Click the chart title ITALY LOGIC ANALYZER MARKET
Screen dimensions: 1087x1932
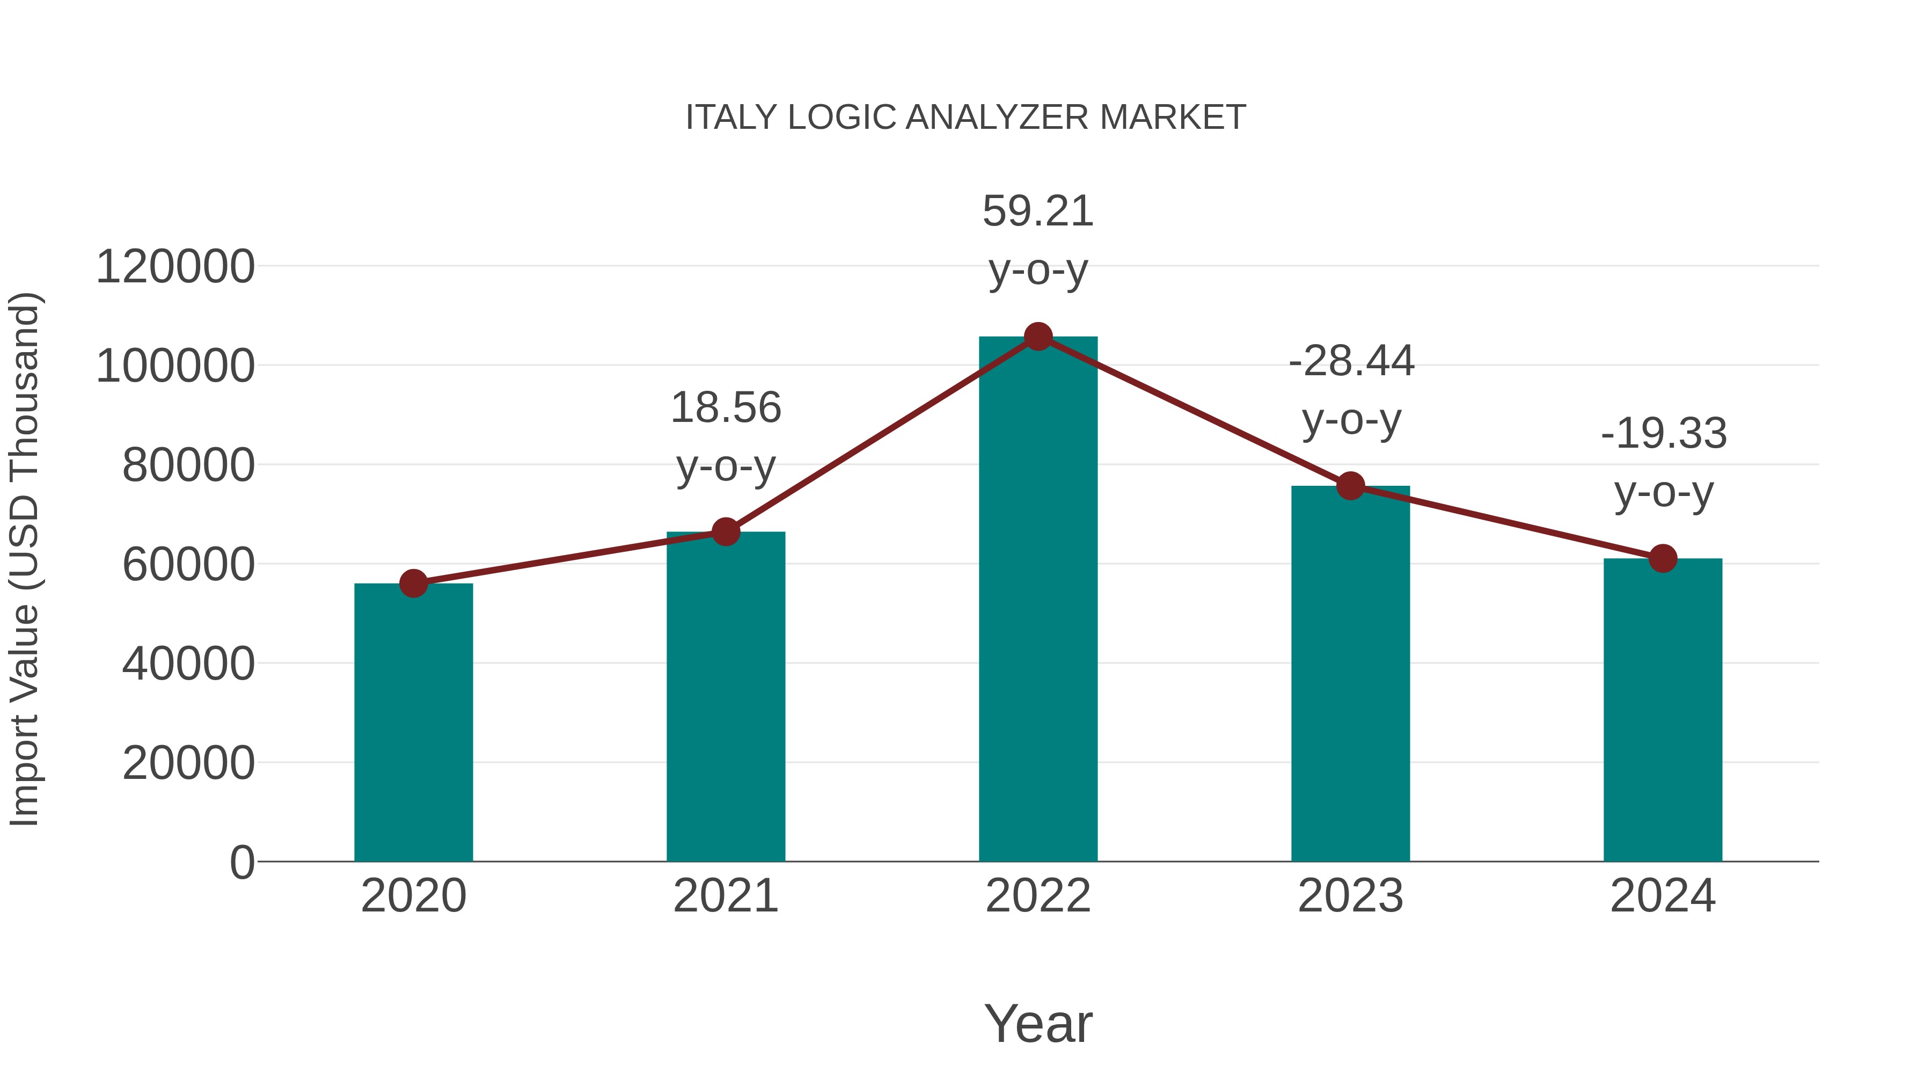point(965,118)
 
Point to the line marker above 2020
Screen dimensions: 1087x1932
point(413,583)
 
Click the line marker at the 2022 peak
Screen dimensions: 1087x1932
point(1038,337)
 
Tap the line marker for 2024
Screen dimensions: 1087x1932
point(1663,558)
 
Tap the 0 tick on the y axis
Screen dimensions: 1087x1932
point(241,862)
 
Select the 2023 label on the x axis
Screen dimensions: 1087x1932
point(1350,896)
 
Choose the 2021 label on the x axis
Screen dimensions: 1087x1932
point(725,896)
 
